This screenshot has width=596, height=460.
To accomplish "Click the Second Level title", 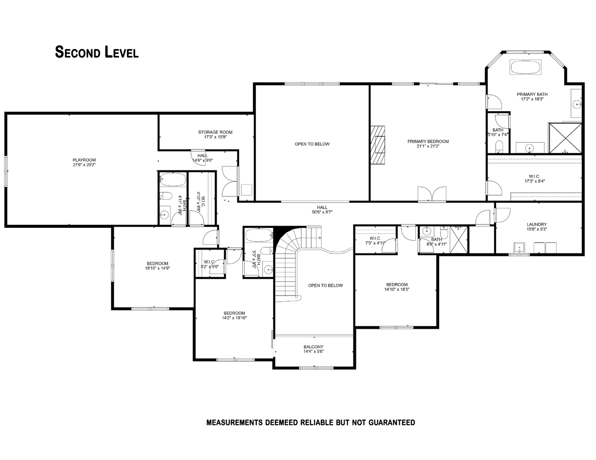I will coord(97,52).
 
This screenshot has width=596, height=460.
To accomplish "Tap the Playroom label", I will coord(84,160).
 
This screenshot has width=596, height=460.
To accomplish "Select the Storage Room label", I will coord(215,132).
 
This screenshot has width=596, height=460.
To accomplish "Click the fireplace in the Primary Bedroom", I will coord(377,144).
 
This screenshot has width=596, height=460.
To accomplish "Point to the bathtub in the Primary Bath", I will coord(525,67).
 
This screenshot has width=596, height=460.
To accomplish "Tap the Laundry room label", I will coord(536,224).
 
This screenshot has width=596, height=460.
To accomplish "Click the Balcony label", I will coord(313,347).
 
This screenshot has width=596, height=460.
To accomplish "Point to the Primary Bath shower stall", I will coord(565,138).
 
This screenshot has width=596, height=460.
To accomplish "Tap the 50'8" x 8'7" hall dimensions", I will coord(322,212).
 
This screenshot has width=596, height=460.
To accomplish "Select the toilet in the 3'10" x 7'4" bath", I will coord(500,147).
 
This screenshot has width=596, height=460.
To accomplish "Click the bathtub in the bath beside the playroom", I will coord(173,179).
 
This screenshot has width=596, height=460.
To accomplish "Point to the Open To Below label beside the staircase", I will coord(325,285).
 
